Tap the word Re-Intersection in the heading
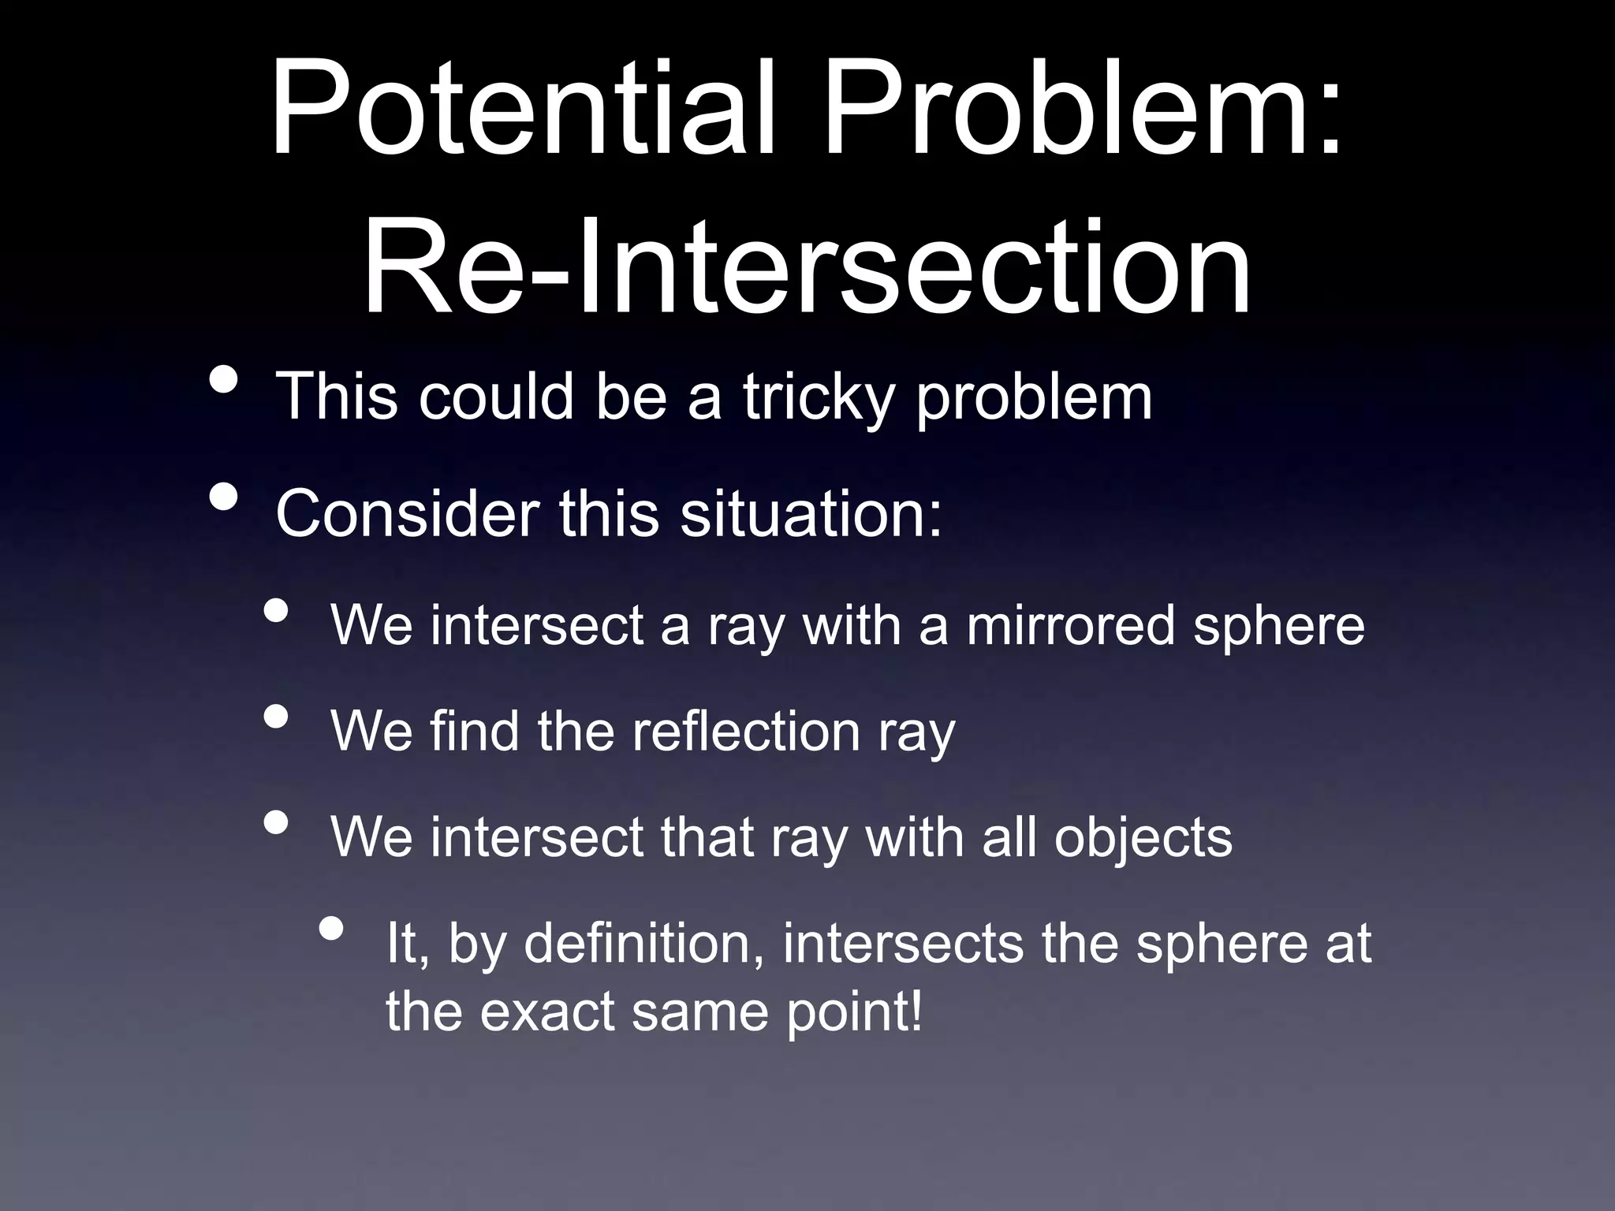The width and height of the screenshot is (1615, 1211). click(x=806, y=264)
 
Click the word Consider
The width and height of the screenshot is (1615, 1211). click(x=406, y=514)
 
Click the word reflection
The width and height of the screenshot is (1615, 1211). click(x=745, y=731)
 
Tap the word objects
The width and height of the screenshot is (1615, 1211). click(x=1143, y=837)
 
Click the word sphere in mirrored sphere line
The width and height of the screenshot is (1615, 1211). click(x=1278, y=626)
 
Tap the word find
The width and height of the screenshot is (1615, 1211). click(x=474, y=731)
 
